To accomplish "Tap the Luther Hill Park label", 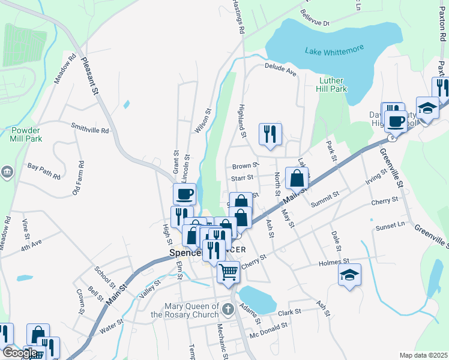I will (331, 85).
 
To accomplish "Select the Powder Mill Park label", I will (25, 134).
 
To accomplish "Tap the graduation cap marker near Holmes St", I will (349, 275).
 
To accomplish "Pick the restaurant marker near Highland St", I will (270, 134).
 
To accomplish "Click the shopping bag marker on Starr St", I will (297, 178).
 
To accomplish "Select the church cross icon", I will (228, 309).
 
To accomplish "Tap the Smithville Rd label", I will (90, 128).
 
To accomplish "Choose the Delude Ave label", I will (281, 71).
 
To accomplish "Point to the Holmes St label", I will (334, 262).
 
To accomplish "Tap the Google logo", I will (19, 353).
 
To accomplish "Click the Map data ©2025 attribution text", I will (423, 355).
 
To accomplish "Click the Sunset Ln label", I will (390, 226).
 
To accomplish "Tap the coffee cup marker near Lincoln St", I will (184, 194).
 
